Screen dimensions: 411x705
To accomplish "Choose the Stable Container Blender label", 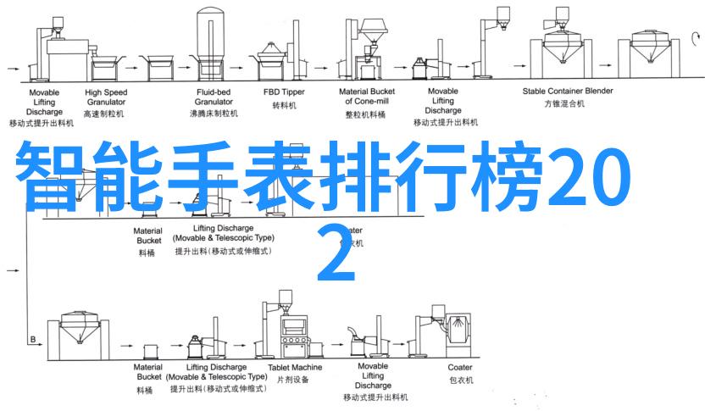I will (568, 90).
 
